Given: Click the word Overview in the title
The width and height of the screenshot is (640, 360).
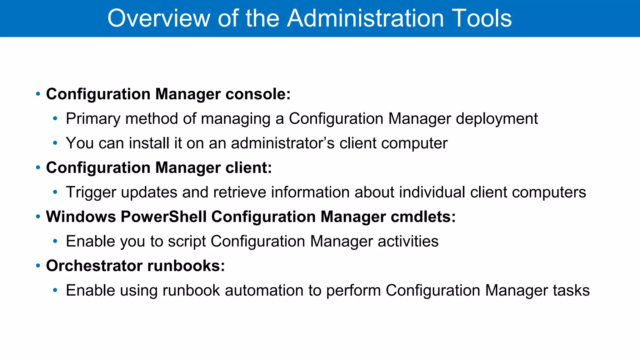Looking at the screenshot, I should (159, 18).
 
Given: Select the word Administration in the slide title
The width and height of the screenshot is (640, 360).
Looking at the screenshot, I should (365, 18).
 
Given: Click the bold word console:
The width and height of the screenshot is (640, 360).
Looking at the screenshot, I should (258, 94).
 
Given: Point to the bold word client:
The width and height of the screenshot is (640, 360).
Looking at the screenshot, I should (249, 167).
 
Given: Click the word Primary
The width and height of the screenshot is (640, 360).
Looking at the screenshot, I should (93, 119).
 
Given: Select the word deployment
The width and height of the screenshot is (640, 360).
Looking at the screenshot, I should (497, 119).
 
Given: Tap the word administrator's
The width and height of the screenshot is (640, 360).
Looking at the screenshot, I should (283, 143).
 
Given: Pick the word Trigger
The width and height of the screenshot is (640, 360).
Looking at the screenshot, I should (91, 192).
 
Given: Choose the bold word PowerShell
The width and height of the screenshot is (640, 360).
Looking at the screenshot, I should (163, 217).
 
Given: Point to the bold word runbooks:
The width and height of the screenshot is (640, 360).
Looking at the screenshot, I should (186, 266).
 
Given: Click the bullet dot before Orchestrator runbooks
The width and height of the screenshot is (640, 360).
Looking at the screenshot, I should (38, 266).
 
